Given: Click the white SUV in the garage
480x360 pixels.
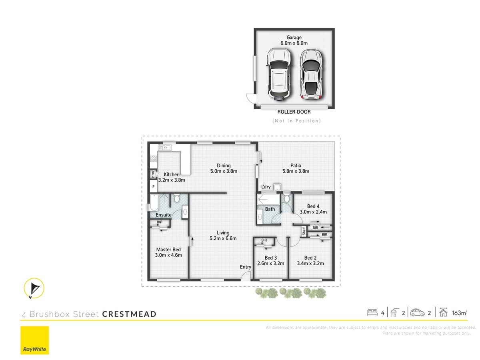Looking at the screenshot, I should coord(278,74).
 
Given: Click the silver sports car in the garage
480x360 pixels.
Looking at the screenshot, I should coord(312,74).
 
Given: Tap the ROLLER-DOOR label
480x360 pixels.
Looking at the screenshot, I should coord(294,112).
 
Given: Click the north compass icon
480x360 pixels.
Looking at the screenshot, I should coord(34,288).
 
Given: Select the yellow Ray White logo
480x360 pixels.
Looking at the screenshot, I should coord(35,340).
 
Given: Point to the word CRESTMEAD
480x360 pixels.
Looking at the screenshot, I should coord(129,314).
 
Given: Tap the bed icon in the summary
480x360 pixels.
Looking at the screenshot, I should coord(372,312).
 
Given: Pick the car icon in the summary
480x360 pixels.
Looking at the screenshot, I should coord(417,312).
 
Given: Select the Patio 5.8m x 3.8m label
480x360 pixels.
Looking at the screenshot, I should coord(296,168).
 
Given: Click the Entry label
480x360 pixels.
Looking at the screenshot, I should coord(246,267).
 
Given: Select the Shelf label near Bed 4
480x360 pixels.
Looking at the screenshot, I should coord(304,231).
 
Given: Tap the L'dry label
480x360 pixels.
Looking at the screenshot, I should coord(266,187).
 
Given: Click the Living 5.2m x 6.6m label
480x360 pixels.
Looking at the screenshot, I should coord(223,236).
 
